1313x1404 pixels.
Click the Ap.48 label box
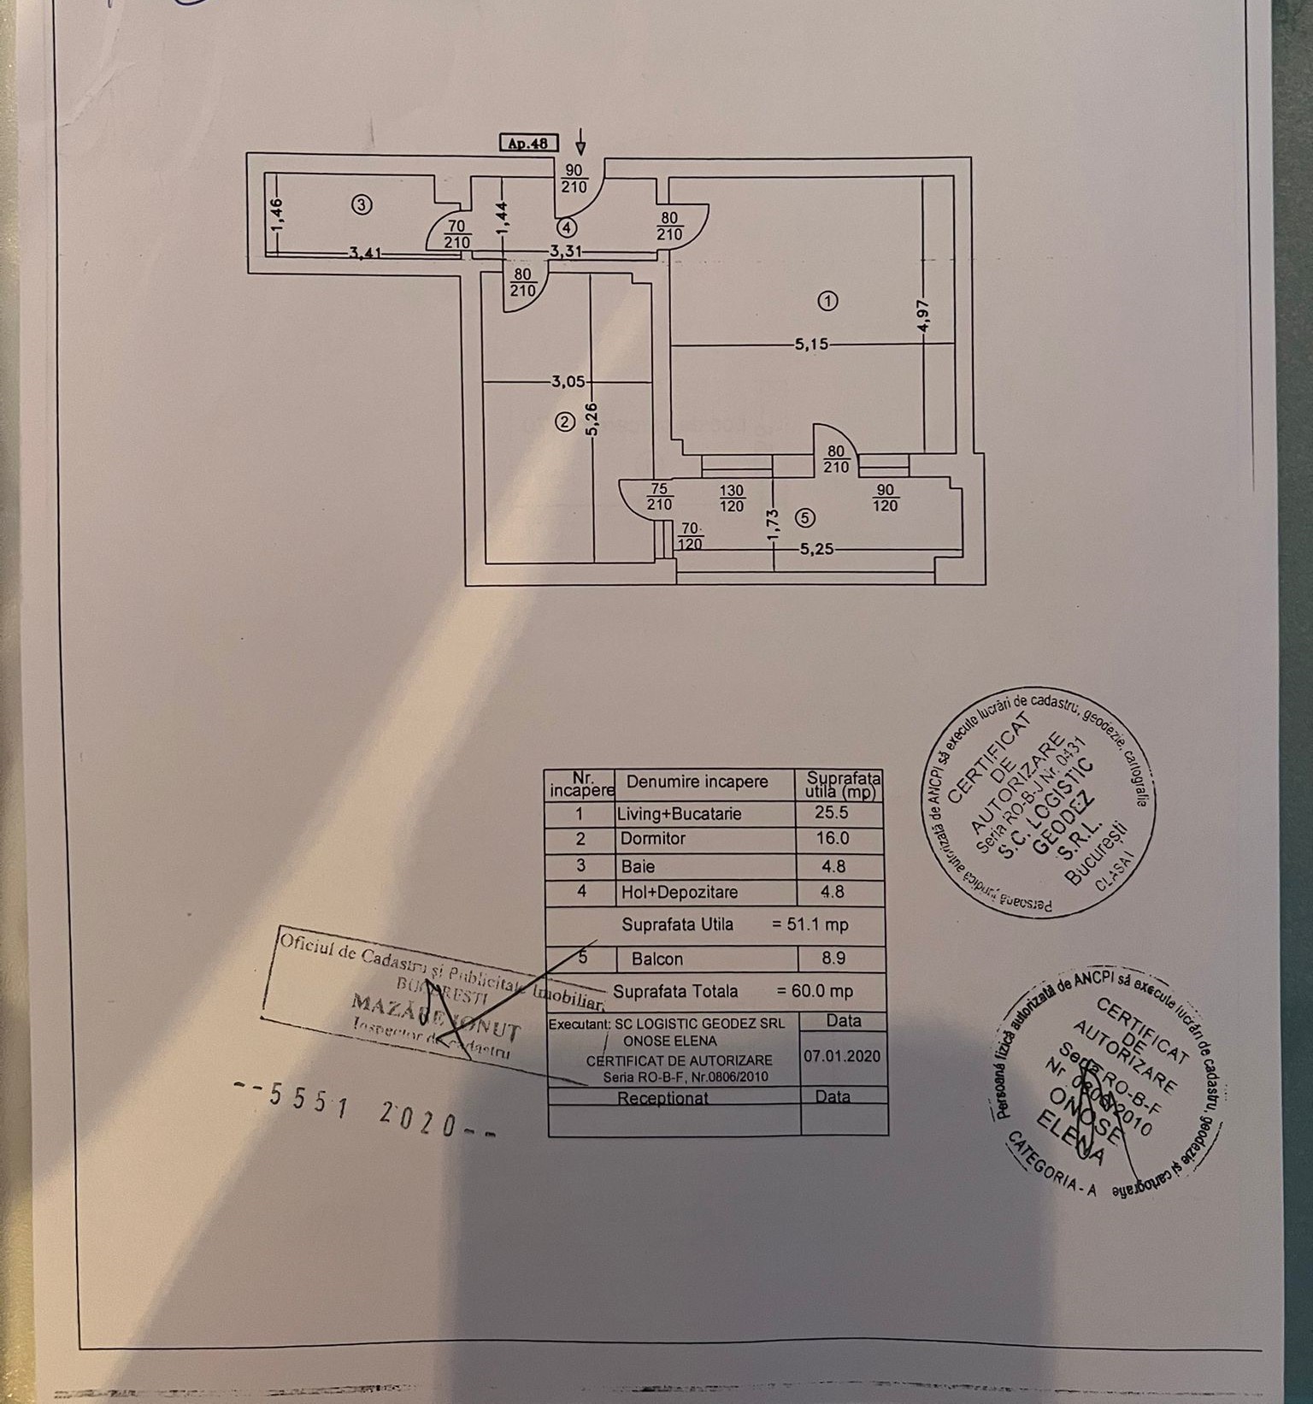527,144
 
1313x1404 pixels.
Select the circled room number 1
827,300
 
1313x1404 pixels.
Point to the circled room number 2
563,421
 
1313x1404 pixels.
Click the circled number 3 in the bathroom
362,204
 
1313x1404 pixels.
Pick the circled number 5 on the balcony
804,517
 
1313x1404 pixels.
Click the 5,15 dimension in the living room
811,345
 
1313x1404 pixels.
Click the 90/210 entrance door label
574,178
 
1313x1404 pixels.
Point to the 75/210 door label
659,496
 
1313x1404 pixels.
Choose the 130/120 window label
733,497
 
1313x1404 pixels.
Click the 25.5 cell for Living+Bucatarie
832,813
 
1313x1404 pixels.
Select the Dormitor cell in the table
653,839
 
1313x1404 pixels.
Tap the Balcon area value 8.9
833,959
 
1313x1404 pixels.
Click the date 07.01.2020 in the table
842,1056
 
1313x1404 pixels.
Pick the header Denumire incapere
698,782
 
